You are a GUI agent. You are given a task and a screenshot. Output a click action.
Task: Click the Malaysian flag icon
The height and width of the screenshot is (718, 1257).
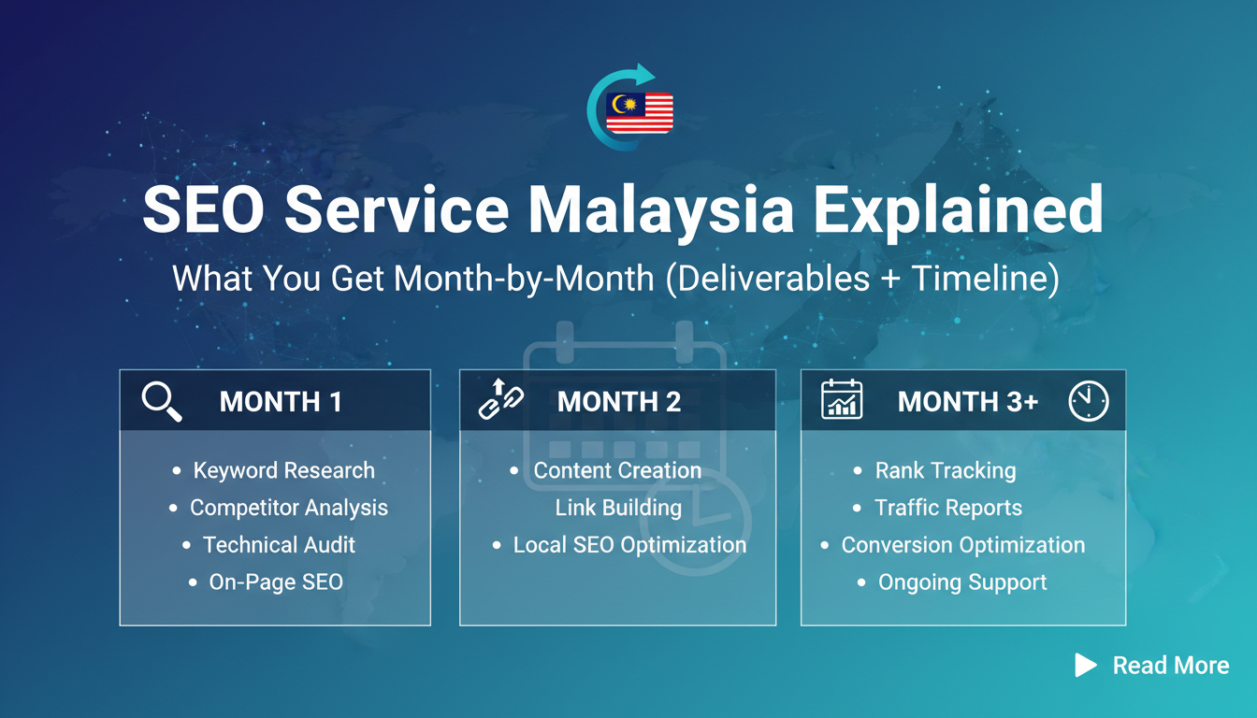[x=639, y=113]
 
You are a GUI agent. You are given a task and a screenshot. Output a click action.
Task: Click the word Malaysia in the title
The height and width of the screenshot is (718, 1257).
[x=661, y=211]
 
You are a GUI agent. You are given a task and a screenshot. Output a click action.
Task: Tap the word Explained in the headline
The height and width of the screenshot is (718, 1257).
[x=959, y=211]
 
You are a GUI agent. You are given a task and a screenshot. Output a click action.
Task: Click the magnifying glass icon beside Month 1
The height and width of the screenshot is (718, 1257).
[x=162, y=401]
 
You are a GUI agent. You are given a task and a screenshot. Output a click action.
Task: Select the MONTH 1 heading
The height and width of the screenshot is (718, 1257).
[x=281, y=402]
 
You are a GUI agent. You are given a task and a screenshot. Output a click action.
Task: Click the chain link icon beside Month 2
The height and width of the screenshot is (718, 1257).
[x=500, y=399]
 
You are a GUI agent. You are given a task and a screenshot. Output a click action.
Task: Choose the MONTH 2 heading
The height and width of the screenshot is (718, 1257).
[x=619, y=402]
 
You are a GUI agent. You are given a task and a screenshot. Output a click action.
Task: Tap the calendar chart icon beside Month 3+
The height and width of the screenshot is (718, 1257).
[x=842, y=399]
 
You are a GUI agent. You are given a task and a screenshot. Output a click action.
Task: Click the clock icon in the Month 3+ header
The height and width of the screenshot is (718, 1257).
[x=1088, y=401]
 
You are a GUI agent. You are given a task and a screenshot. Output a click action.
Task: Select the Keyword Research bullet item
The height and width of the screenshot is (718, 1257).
[x=284, y=470]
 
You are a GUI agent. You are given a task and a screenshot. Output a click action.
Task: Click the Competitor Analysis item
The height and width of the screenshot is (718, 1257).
[x=289, y=508]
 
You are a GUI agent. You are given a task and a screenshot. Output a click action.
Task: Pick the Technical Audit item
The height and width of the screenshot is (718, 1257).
[x=279, y=545]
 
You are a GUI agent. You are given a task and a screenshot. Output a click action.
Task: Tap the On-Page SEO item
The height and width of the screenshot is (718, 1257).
[x=276, y=582]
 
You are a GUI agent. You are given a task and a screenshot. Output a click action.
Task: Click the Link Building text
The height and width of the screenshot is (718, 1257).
[x=618, y=508]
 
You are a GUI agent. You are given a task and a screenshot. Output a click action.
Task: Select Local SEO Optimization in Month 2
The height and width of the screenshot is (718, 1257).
[x=629, y=545]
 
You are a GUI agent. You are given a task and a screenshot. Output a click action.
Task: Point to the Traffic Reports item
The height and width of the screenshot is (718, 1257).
[x=948, y=508]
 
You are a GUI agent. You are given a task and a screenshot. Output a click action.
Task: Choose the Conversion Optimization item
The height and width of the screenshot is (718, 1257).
[x=963, y=545]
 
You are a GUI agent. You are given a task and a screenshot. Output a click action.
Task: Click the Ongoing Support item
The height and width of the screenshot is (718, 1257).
[x=962, y=582]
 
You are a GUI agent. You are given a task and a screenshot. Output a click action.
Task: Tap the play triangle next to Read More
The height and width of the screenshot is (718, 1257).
[x=1085, y=666]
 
